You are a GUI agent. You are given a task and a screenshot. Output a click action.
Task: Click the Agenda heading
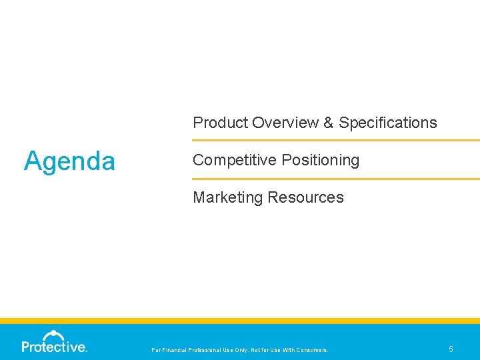69,161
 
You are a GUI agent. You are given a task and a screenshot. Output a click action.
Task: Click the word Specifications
388,123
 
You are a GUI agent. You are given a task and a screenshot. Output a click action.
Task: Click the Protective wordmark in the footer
54,347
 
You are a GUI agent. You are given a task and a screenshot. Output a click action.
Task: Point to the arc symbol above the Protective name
53,334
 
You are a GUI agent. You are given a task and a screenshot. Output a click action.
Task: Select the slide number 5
451,349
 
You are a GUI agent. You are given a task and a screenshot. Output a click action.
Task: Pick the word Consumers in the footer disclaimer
311,350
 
